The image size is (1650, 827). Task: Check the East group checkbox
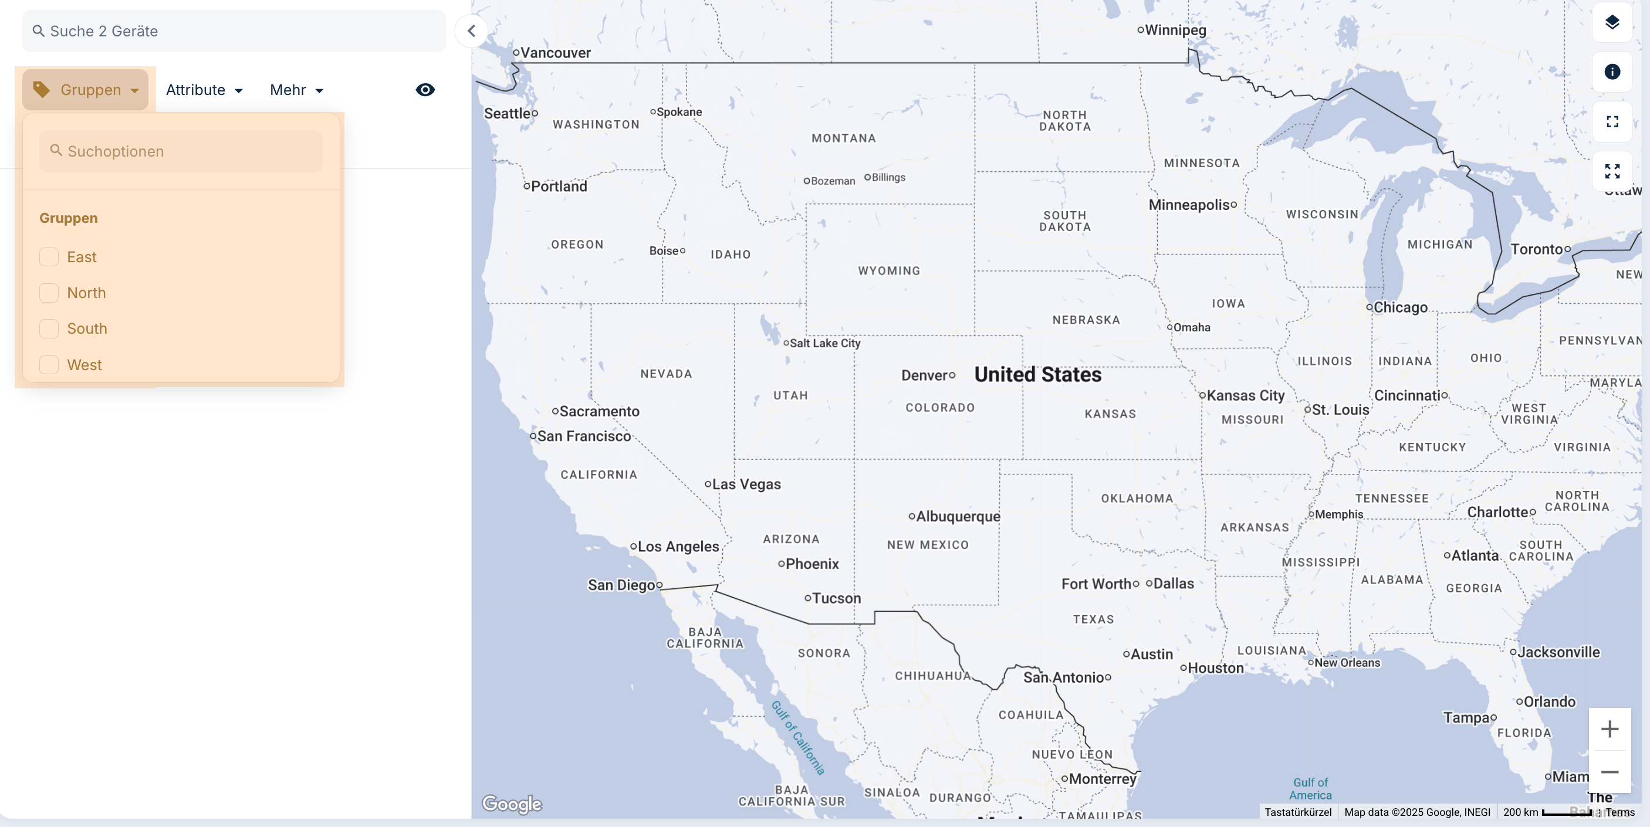point(49,257)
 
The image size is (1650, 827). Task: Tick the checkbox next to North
point(49,293)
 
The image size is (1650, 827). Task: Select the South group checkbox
point(49,328)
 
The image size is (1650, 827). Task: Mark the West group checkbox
point(49,364)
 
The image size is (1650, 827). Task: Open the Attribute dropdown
point(204,90)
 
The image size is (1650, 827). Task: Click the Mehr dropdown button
point(296,90)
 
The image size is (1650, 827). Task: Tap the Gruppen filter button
point(86,90)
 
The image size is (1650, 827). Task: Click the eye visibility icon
point(425,90)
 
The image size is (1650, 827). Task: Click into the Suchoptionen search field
point(181,151)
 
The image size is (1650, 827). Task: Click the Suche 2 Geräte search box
point(234,30)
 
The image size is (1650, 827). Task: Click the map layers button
point(1612,22)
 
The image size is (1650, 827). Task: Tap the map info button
point(1612,72)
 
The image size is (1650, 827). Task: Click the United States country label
point(1037,374)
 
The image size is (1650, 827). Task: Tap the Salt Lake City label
point(824,343)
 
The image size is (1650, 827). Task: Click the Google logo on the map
point(511,804)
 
